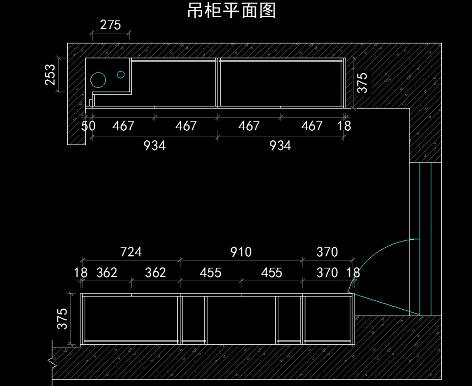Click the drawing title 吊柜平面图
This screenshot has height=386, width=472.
point(231,11)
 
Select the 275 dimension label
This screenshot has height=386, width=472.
point(111,25)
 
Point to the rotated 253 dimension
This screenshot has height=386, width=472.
point(50,75)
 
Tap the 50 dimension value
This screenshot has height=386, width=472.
point(88,126)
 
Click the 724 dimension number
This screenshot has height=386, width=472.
point(131,252)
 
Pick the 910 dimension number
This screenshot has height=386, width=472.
point(241,252)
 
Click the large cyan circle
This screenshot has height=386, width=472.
point(98,80)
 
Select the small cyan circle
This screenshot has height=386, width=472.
point(121,74)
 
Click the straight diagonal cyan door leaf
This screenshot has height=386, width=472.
point(384,304)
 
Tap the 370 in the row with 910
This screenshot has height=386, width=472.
point(327,252)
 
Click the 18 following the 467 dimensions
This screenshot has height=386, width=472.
point(344,126)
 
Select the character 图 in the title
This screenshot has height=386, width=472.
point(268,11)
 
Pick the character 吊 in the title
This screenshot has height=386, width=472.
point(195,11)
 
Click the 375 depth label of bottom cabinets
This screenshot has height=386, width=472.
point(62,319)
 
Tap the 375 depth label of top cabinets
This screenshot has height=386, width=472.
point(362,83)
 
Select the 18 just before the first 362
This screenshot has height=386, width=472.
point(81,273)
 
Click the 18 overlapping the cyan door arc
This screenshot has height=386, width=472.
point(353,273)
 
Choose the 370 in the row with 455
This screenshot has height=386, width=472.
point(327,273)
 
